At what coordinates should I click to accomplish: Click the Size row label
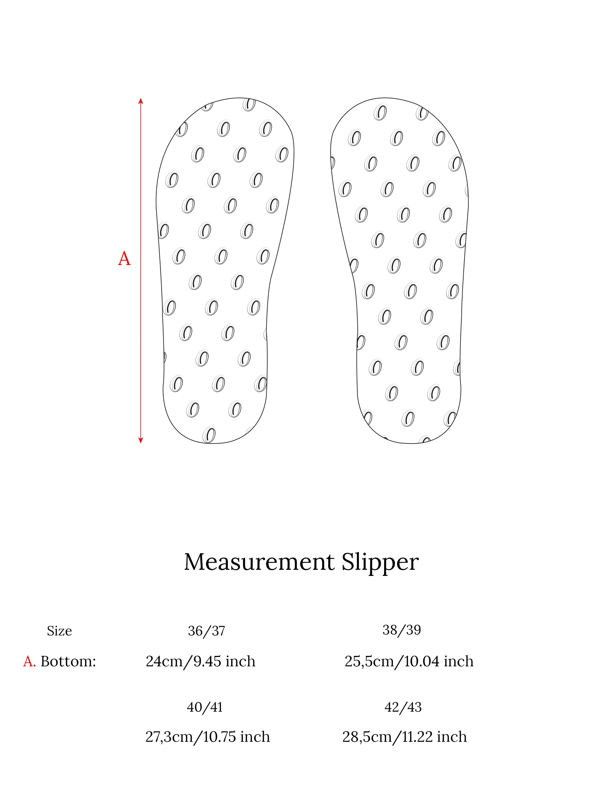59,631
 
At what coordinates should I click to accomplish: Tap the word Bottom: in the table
68,661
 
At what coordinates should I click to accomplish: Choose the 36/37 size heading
206,631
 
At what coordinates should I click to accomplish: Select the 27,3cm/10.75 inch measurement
208,737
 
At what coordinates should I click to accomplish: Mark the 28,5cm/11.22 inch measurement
405,737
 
